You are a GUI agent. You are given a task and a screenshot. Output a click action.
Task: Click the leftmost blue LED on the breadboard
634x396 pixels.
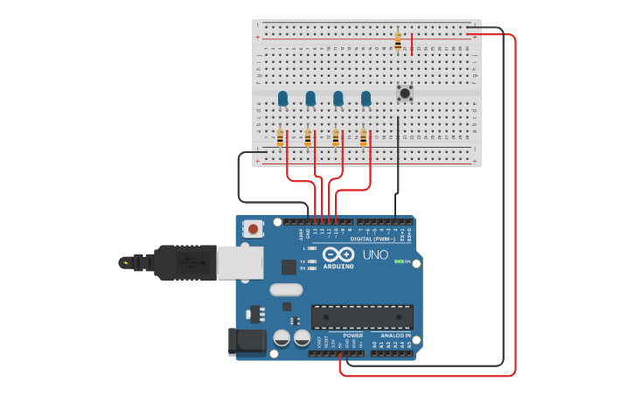(282, 98)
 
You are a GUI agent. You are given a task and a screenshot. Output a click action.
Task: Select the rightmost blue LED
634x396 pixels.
(366, 98)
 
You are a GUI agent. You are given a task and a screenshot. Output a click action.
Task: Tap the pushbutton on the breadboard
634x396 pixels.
(405, 92)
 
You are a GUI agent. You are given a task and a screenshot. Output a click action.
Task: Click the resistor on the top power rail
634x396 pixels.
(398, 40)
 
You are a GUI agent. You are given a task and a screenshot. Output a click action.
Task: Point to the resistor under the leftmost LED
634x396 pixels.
(281, 138)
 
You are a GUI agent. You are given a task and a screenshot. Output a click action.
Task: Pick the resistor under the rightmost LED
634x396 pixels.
(364, 138)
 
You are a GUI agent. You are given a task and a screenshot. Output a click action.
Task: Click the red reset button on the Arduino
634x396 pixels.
(253, 229)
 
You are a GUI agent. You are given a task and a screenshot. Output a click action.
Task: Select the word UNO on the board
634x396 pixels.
(375, 254)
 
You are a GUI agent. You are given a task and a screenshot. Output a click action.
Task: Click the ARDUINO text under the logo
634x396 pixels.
(338, 266)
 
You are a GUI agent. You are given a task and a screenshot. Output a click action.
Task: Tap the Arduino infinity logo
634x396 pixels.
(338, 254)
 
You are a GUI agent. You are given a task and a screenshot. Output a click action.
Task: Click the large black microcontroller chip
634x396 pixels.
(362, 316)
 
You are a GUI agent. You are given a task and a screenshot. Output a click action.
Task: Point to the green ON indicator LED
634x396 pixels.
(399, 261)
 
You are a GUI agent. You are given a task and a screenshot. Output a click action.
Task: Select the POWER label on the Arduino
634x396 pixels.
(352, 335)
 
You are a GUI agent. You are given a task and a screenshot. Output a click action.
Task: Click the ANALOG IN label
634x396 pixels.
(394, 335)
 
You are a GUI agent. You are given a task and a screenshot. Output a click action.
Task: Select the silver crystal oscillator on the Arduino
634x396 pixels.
(285, 289)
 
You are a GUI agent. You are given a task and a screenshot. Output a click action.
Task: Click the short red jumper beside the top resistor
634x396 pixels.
(412, 44)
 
